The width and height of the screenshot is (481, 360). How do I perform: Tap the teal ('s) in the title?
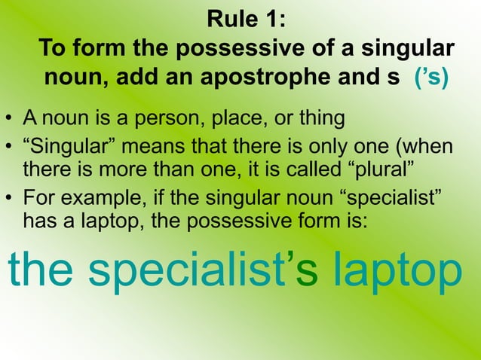[431, 77]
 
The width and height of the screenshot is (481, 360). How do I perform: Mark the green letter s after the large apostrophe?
[307, 274]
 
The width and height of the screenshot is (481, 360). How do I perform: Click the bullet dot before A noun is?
[8, 119]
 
